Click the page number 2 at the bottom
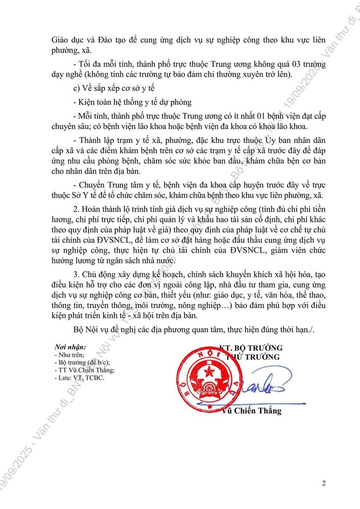(x=324, y=483)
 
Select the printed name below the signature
(x=251, y=411)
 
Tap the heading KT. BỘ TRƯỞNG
(x=250, y=348)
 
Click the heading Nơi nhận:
(x=74, y=347)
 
